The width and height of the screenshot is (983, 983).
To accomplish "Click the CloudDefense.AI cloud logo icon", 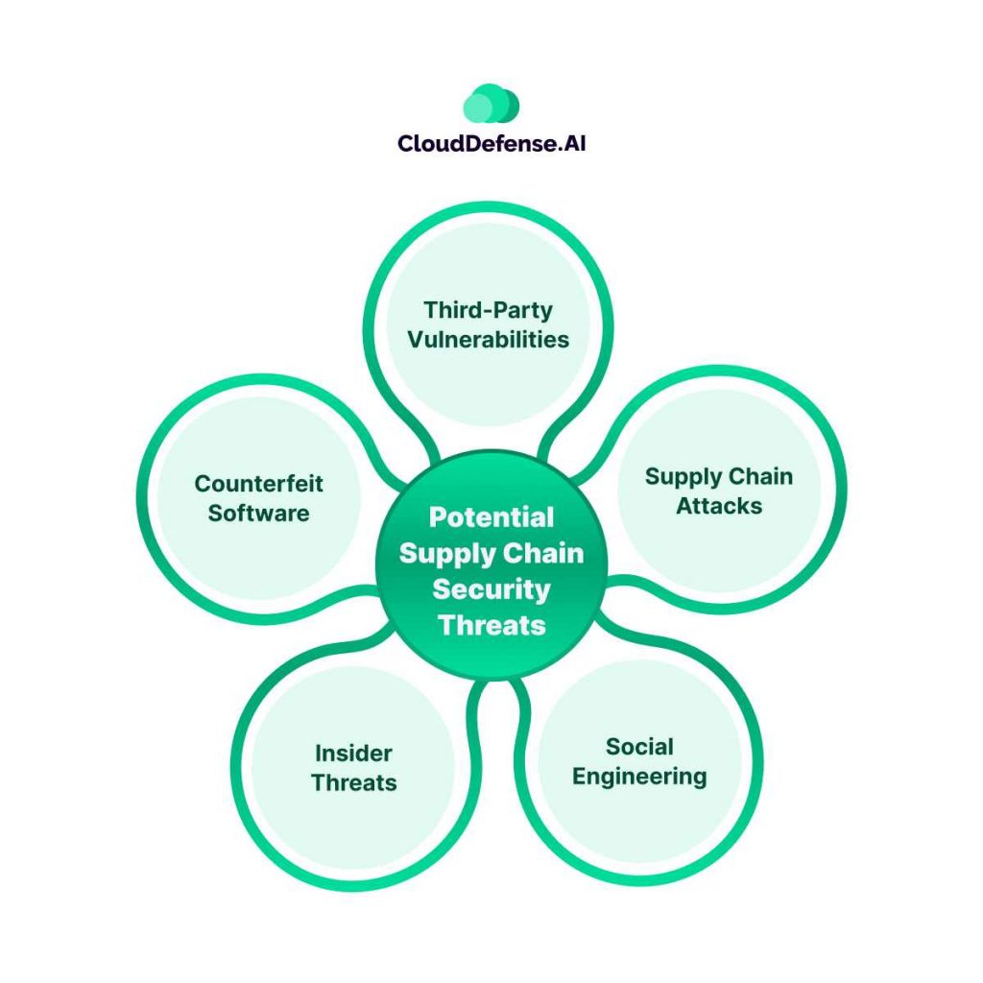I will [x=491, y=104].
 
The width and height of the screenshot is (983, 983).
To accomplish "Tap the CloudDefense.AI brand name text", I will [x=491, y=144].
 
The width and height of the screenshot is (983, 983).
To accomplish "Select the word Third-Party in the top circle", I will [x=489, y=309].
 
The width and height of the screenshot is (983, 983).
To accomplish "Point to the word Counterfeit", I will [x=258, y=483].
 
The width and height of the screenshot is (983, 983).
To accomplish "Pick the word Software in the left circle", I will [x=258, y=513].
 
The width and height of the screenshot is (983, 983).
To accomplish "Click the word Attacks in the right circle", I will [x=718, y=506].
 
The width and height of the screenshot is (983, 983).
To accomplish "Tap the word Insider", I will [x=353, y=753].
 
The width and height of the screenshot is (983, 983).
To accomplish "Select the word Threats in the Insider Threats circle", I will [x=353, y=782].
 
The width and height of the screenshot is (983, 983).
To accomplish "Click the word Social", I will [x=639, y=746].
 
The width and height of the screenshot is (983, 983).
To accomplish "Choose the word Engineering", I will [x=639, y=776].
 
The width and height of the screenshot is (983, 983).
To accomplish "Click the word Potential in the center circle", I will [x=491, y=517].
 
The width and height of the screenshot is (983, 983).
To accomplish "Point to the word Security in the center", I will [x=491, y=589].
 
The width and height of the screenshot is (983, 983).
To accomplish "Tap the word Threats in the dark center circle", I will [x=491, y=626].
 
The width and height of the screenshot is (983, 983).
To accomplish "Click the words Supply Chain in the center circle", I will [x=491, y=554].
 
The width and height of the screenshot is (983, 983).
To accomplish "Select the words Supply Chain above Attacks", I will [x=718, y=476].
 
